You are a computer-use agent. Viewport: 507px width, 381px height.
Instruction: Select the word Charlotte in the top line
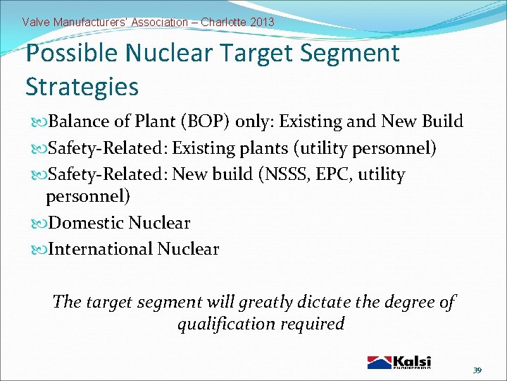223,22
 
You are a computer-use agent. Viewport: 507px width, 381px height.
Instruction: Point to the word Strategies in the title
82,87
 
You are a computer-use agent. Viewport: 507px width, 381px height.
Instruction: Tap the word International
101,249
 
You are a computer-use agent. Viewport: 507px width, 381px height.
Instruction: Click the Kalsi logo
399,362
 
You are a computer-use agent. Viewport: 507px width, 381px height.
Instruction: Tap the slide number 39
477,370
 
